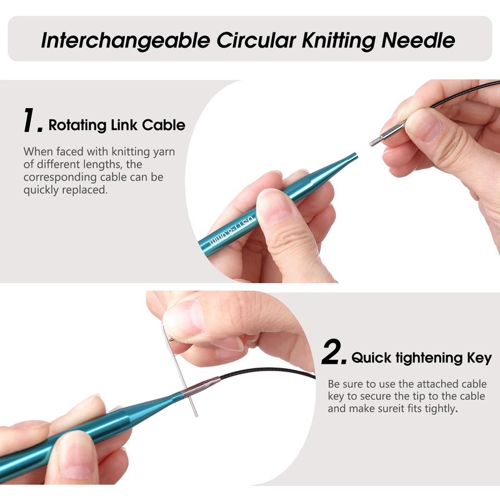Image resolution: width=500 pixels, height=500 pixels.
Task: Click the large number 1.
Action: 32,121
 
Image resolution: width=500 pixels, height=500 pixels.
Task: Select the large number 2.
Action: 333,354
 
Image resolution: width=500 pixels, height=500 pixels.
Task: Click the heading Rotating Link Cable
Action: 117,125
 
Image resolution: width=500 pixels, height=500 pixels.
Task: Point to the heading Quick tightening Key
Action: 421,358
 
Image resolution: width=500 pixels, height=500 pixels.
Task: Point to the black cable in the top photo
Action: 456,96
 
